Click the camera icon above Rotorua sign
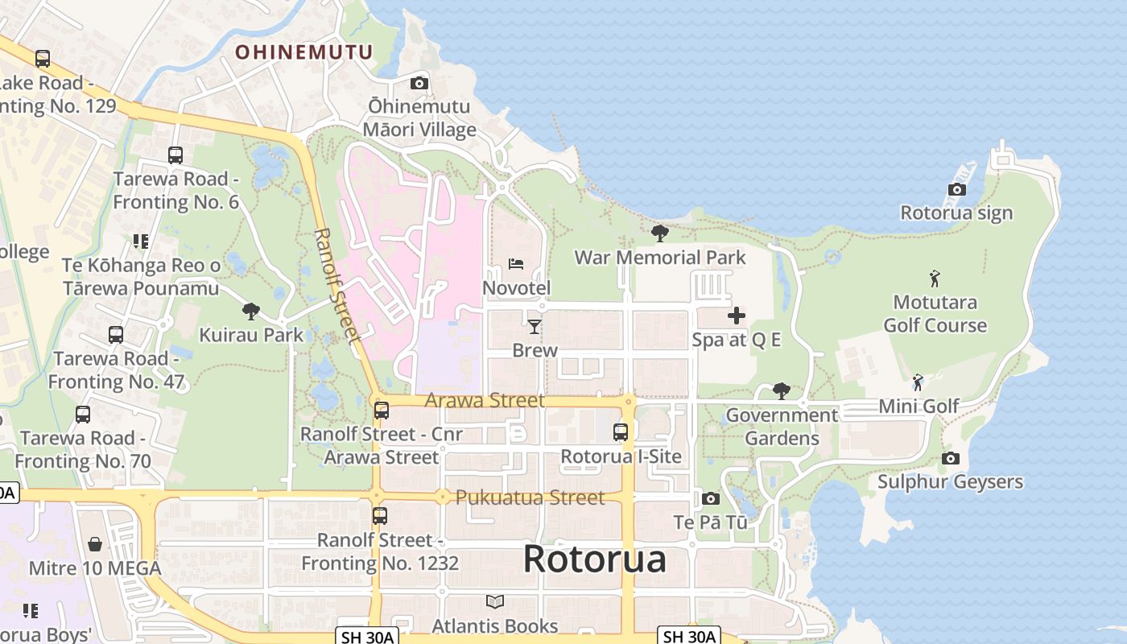pos(956,190)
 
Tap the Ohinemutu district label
pos(303,52)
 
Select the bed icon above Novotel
pos(516,264)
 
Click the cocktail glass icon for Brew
pos(535,326)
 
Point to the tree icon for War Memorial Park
pos(659,233)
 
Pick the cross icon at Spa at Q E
pos(737,316)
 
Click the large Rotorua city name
pos(595,559)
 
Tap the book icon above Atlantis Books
pos(495,601)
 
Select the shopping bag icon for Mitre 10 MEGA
pos(95,544)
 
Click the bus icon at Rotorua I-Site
pos(621,432)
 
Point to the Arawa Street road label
pos(485,400)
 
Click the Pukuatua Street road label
pos(530,497)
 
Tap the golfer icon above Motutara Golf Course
pos(935,279)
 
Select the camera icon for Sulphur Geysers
pos(951,458)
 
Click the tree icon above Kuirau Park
pos(251,311)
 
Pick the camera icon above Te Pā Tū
pos(710,498)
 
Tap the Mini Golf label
pos(919,406)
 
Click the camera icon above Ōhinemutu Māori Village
pos(419,83)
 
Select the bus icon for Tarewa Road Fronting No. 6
pos(175,155)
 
